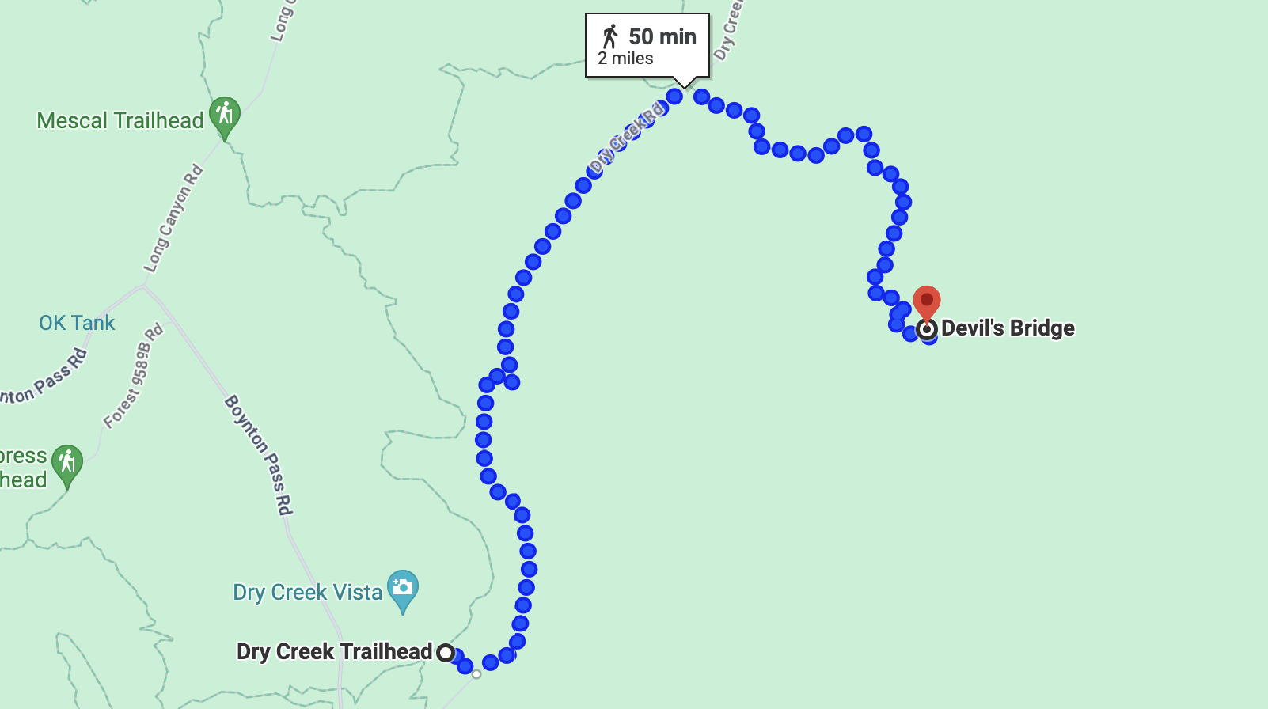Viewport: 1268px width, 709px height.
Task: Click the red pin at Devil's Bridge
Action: [927, 301]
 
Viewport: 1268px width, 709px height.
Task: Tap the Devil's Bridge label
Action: [1008, 328]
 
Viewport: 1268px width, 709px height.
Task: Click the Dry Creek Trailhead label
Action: [334, 652]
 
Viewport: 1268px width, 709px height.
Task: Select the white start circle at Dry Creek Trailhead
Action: [446, 653]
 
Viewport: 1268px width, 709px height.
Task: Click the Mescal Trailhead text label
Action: [120, 121]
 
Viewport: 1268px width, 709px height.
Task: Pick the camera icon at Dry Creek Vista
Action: [403, 588]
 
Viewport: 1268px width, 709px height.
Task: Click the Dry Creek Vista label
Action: [307, 593]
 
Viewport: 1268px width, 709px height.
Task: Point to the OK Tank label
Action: [77, 323]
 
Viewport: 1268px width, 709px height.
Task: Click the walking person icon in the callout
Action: [609, 36]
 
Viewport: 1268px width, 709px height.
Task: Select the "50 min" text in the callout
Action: [662, 36]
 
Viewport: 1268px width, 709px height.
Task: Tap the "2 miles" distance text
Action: [625, 59]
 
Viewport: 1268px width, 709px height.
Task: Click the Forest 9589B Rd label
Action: [134, 376]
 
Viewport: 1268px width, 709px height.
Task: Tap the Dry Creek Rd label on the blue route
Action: [626, 138]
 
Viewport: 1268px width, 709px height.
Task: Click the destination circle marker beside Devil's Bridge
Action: [927, 329]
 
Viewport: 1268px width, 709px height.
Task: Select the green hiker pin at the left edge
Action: [67, 462]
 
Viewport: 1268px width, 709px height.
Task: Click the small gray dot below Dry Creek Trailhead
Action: [476, 674]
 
